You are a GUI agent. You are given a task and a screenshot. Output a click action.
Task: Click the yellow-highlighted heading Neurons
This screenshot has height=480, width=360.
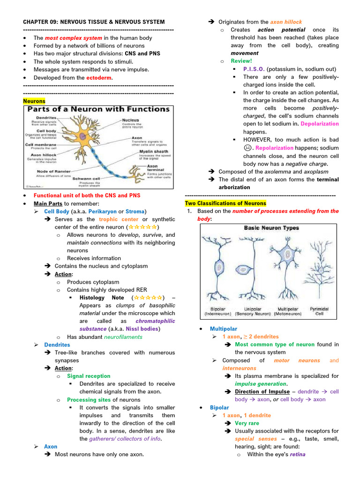tap(34, 101)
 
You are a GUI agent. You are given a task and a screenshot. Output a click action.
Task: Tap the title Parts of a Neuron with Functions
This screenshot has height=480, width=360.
tap(98, 109)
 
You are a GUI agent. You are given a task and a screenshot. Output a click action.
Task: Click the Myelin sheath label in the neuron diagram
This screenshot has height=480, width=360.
tap(154, 151)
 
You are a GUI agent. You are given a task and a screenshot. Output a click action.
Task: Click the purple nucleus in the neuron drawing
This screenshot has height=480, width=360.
tap(82, 136)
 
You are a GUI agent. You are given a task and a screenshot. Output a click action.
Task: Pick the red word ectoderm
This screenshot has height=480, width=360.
tap(99, 78)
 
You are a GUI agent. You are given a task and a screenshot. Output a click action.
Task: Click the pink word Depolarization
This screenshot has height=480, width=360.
tap(319, 124)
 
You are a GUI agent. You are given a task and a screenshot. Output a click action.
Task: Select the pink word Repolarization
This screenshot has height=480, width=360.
tap(276, 148)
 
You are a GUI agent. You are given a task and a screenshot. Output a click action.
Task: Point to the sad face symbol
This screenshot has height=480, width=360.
tap(247, 148)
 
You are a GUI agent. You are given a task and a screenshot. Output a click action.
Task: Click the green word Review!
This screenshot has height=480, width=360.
tap(241, 61)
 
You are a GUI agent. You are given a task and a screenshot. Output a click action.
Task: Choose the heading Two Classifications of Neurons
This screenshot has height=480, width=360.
tap(225, 203)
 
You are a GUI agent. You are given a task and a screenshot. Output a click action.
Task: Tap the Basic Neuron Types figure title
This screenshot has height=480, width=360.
tap(271, 228)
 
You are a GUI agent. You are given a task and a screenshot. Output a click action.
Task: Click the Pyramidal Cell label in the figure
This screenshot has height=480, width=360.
tap(319, 311)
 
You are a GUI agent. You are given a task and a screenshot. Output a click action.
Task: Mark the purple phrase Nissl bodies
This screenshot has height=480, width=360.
tap(142, 329)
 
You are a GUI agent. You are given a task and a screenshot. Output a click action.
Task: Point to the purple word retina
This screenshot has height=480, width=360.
tap(298, 454)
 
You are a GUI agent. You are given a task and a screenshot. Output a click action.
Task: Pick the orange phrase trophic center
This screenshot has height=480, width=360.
tap(119, 219)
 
